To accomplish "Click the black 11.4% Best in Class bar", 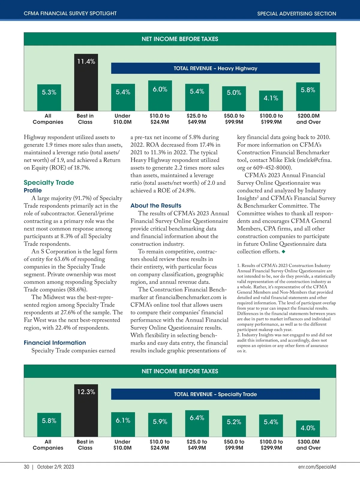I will click(86, 82).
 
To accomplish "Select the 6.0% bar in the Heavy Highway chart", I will click(160, 95).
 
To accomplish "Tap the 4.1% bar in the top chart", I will click(271, 100).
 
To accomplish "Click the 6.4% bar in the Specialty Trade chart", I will click(197, 423).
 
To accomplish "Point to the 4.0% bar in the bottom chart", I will click(308, 428).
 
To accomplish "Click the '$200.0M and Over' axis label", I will click(308, 119).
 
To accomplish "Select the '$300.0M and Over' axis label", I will click(308, 445).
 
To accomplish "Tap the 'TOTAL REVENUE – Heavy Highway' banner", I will click(215, 68).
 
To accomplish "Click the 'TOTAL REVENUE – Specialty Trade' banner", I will click(215, 394).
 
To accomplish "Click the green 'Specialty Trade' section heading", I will click(49, 182).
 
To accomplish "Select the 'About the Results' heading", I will click(156, 205).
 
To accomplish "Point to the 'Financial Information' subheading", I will click(55, 343).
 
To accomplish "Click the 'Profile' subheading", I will click(33, 190).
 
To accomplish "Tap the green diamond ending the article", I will click(283, 252).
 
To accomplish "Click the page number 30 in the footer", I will click(26, 467).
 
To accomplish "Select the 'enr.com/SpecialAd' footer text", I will click(317, 467).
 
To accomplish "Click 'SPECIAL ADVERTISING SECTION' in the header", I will click(296, 13).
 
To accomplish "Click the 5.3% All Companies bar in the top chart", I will click(49, 97).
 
